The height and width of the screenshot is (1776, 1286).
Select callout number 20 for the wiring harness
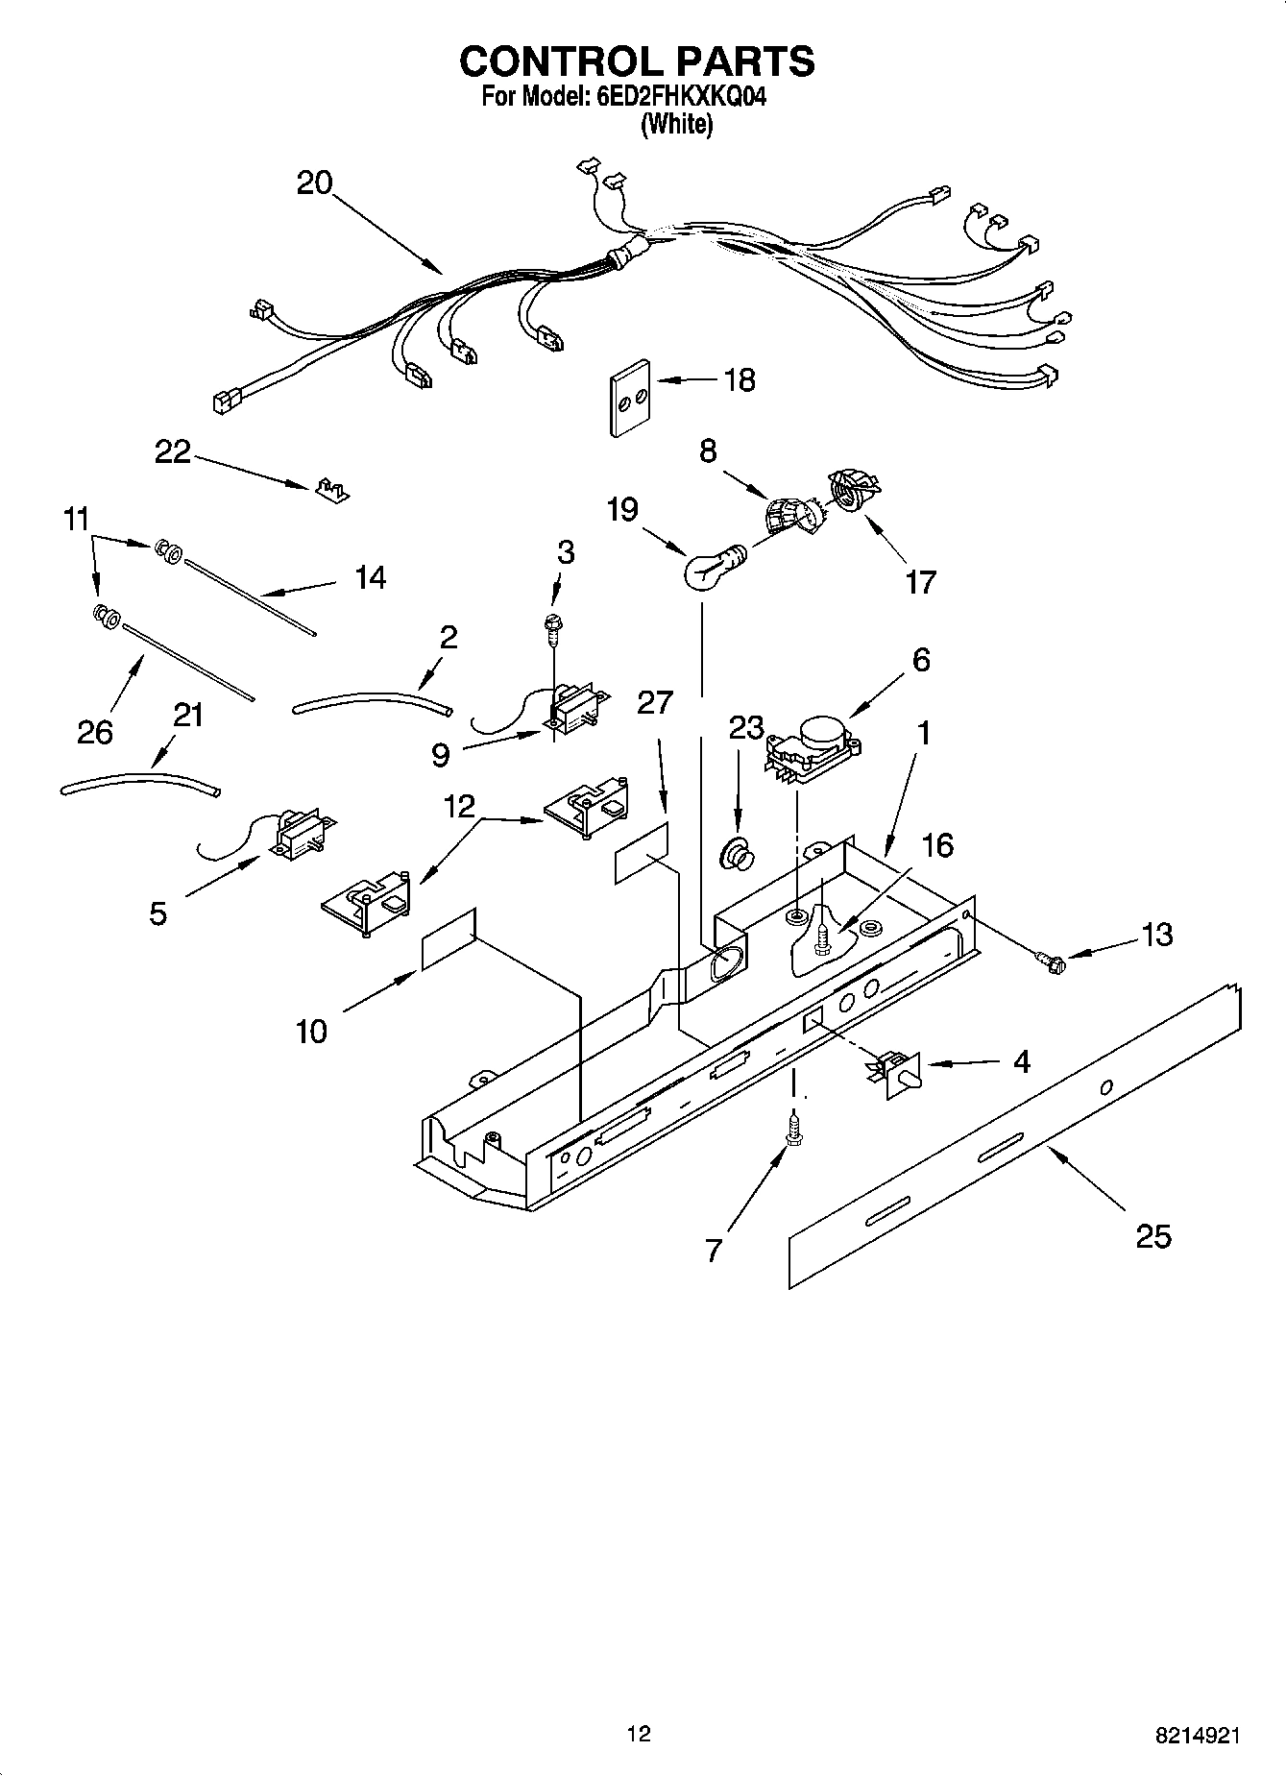tap(314, 182)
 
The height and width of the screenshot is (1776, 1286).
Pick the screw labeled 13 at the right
tap(1051, 959)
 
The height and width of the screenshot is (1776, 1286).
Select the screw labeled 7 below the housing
tap(793, 1128)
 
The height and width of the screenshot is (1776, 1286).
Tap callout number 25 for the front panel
tap(1153, 1236)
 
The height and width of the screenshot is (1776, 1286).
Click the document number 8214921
tap(1198, 1735)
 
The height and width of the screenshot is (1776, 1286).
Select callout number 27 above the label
tap(655, 702)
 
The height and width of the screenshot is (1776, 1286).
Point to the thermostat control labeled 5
tap(300, 834)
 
